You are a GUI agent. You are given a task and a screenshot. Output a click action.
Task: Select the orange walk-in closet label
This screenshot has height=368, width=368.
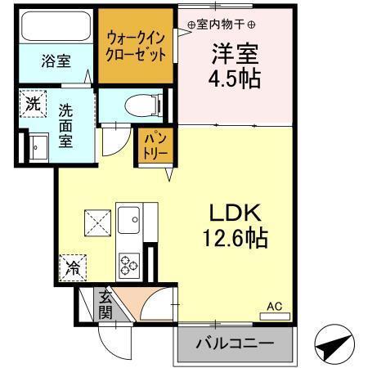tap(137, 47)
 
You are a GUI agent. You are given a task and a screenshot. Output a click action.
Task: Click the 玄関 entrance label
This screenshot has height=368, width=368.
tap(105, 305)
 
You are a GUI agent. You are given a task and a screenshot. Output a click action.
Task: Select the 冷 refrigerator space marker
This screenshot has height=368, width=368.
tap(73, 267)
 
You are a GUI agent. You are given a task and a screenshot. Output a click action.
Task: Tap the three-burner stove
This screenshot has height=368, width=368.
tap(130, 264)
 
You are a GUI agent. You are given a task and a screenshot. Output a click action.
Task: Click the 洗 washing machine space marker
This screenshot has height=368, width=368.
tap(32, 104)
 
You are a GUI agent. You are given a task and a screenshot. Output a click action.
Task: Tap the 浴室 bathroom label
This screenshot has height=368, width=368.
tap(56, 61)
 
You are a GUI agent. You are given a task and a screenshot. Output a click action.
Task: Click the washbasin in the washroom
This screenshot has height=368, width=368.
tap(37, 147)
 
